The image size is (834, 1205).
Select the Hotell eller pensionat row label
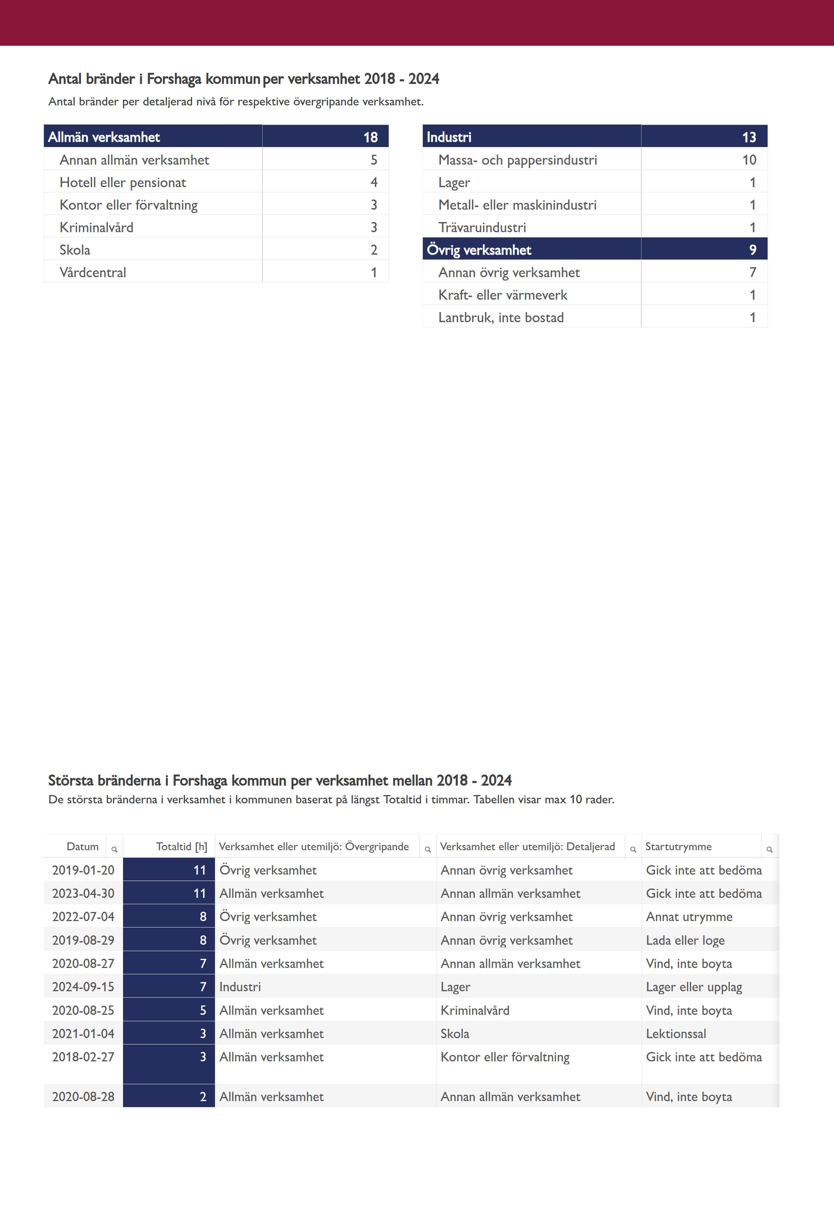coord(123,182)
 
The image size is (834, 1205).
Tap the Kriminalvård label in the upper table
coord(97,227)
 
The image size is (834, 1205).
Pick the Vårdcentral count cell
coord(374,272)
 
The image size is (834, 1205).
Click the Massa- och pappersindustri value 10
coord(749,160)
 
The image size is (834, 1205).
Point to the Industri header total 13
coord(749,137)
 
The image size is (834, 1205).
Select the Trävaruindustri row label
coord(482,227)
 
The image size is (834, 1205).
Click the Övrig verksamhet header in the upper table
coord(479,250)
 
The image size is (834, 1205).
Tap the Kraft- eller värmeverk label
coord(503,295)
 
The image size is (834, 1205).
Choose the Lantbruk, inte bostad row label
coord(500,318)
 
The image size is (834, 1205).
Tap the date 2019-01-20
coord(83,870)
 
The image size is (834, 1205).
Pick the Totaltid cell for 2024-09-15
coord(203,987)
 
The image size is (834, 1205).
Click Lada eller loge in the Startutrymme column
coord(685,940)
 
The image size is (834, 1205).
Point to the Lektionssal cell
coord(676,1034)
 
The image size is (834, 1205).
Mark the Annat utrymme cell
coord(689,917)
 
